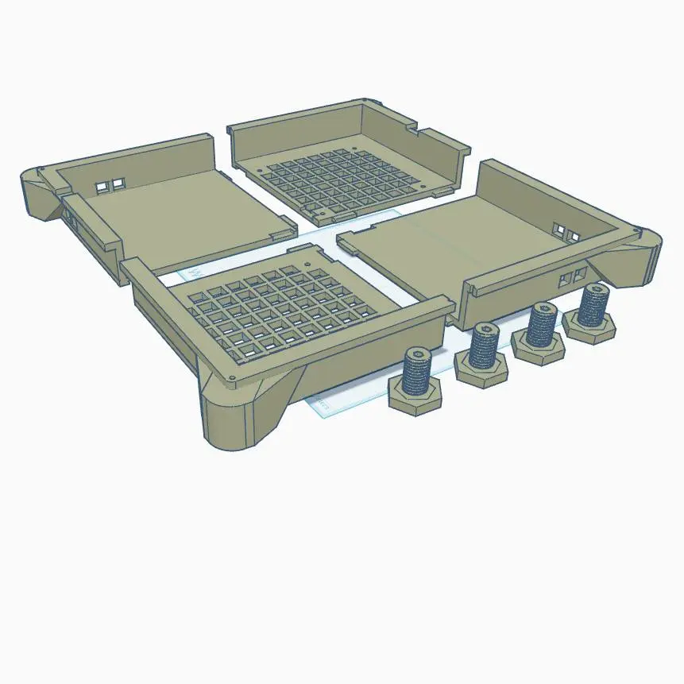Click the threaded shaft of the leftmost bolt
pos(419,372)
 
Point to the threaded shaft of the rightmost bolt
pos(593,305)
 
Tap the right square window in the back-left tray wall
pos(118,184)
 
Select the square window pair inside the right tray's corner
pos(565,231)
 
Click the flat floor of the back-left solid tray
pos(175,218)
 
